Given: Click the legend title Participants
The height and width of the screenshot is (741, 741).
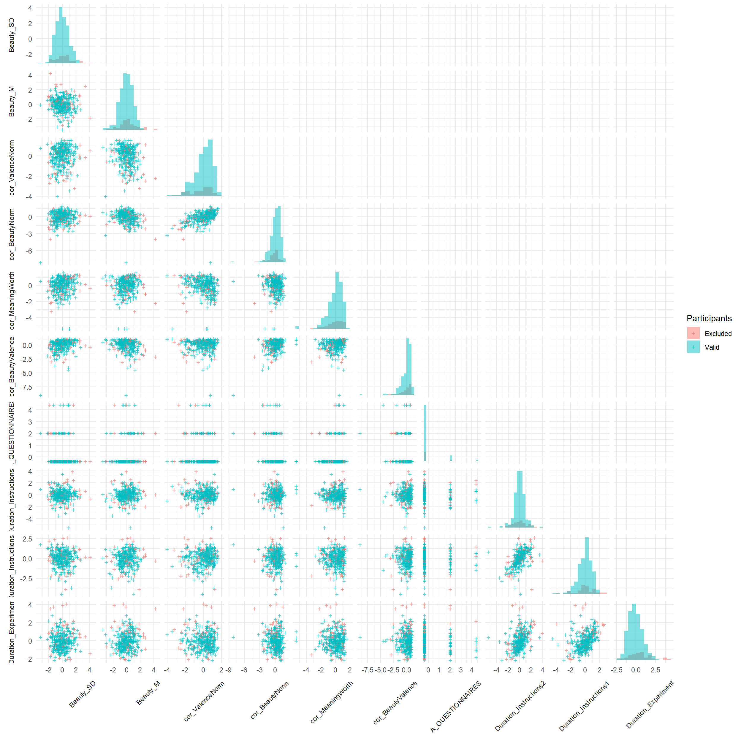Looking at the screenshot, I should tap(709, 318).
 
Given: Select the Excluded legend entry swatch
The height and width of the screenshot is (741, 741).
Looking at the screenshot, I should tap(693, 333).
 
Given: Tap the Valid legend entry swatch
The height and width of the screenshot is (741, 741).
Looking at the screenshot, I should tap(693, 347).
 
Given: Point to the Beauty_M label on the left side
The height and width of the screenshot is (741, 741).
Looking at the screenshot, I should tap(12, 101).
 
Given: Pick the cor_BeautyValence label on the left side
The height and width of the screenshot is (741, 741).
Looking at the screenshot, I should tap(12, 366).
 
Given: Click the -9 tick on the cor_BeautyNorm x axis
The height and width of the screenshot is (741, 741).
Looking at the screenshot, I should tap(229, 670).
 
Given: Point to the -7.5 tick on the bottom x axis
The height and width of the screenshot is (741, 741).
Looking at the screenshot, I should tap(368, 670).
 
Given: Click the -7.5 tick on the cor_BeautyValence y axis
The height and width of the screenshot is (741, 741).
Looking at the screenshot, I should tap(27, 387).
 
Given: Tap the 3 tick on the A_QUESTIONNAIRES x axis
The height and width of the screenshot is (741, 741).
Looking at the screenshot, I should tap(461, 670).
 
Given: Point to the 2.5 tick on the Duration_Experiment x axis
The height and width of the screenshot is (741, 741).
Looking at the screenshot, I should tap(655, 670).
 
